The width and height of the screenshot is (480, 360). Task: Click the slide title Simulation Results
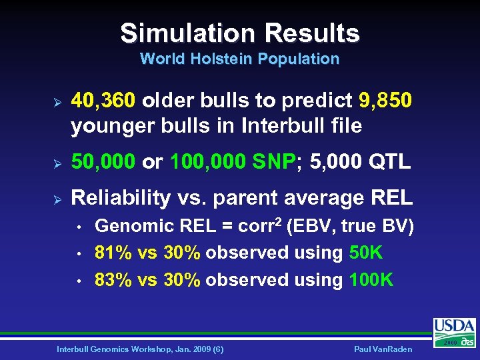tap(240, 33)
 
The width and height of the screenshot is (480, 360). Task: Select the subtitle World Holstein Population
tap(240, 59)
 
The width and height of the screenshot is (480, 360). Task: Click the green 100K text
tap(371, 279)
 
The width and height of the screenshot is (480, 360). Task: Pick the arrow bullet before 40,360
tap(57, 101)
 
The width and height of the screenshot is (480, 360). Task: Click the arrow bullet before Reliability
tap(57, 198)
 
